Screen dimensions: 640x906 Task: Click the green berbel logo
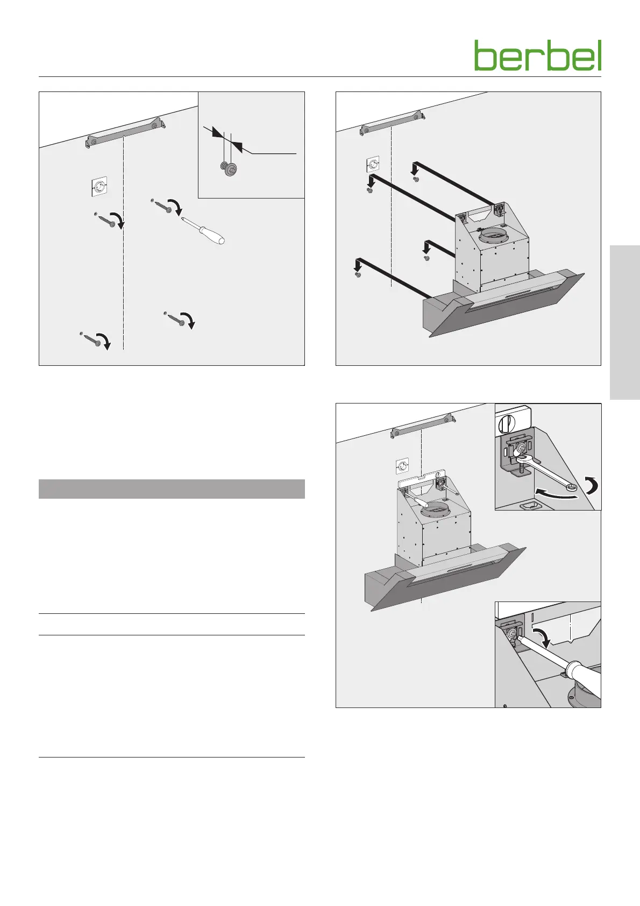click(538, 55)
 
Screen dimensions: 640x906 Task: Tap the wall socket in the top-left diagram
click(99, 187)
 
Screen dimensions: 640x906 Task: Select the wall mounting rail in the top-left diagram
click(126, 132)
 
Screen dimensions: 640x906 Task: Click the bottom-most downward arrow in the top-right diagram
click(358, 266)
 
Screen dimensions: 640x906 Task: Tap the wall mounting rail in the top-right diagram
click(393, 123)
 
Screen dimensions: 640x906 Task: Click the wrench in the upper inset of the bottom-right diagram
click(546, 471)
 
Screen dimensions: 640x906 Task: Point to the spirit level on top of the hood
click(422, 480)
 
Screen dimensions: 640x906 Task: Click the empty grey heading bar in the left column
click(172, 489)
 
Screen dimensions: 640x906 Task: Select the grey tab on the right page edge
click(625, 322)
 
